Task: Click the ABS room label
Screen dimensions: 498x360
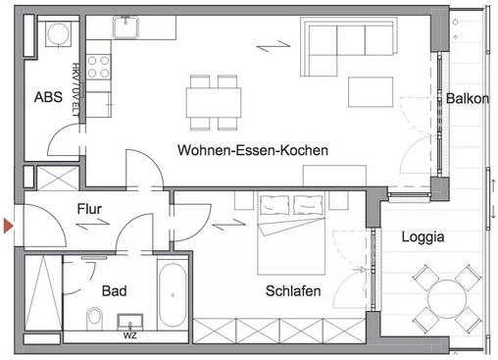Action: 48,97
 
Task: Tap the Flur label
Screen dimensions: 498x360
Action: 89,209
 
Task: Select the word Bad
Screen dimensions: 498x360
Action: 115,291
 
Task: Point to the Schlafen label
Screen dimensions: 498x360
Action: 293,291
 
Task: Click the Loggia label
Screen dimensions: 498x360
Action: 423,237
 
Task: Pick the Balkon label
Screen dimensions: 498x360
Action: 468,98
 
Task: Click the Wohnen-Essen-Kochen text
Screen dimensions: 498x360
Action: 253,150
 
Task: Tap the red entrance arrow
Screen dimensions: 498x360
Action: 8,227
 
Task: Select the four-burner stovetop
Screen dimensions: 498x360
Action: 98,67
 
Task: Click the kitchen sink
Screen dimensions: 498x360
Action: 125,27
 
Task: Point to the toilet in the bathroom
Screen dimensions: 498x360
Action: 95,318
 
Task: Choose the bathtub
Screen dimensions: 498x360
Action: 173,295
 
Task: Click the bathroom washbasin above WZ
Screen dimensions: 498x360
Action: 130,323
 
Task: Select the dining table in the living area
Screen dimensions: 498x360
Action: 214,102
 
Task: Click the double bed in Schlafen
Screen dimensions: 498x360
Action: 291,232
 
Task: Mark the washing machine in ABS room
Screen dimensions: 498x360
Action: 58,33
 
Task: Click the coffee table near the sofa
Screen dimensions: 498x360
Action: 371,92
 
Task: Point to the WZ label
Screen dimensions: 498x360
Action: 130,335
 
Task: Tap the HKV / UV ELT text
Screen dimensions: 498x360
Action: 75,89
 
